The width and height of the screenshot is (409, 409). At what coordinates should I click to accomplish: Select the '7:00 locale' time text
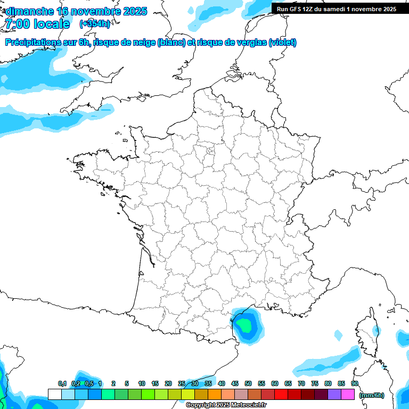tap(37, 24)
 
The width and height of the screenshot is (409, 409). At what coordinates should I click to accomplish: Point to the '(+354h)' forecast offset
tap(95, 24)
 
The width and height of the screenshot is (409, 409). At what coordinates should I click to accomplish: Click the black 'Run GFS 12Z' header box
tap(336, 9)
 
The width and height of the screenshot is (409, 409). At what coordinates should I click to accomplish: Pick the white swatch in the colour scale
tap(54, 395)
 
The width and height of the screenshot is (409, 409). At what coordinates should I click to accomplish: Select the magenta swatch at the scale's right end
tap(348, 395)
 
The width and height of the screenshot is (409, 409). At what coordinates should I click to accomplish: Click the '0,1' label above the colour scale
tap(62, 383)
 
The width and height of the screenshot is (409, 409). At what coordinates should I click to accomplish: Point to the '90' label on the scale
tap(354, 383)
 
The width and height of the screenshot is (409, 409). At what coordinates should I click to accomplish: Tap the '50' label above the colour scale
tap(248, 383)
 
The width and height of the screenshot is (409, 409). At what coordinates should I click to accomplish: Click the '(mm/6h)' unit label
tap(372, 395)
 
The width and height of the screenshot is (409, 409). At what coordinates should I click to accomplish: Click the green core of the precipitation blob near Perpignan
tap(246, 323)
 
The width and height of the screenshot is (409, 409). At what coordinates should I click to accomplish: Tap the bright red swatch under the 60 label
tap(281, 395)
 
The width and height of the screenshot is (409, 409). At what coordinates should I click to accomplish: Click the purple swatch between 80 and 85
tap(334, 395)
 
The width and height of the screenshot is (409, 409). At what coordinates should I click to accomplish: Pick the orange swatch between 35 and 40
tap(215, 395)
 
